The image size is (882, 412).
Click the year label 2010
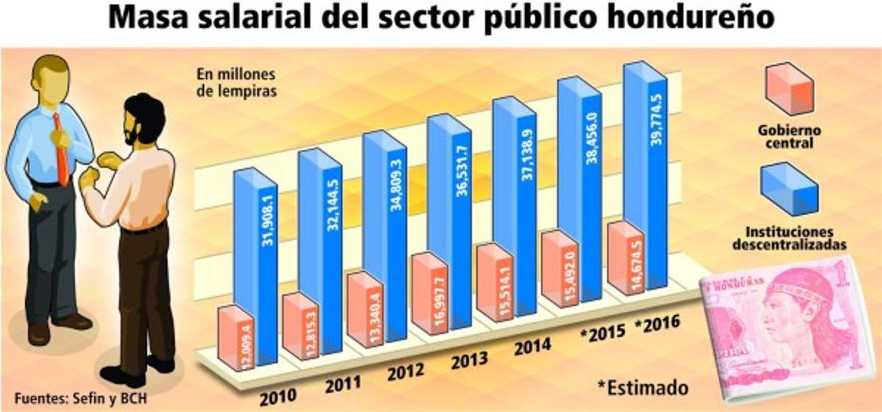277,394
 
